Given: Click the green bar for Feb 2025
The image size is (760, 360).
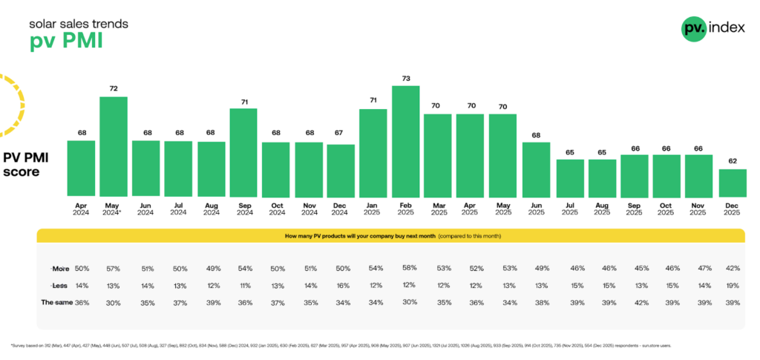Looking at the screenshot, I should (x=406, y=141).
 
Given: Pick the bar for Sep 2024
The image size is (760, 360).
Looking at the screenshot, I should (x=243, y=152).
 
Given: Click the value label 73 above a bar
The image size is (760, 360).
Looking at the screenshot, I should (x=406, y=78).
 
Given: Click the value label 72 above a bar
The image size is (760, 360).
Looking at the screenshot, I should (x=114, y=88).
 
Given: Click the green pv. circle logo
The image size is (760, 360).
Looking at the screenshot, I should (x=694, y=28).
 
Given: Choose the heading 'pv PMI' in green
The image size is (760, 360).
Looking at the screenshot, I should (x=66, y=41).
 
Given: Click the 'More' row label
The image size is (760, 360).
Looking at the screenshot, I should (x=60, y=267).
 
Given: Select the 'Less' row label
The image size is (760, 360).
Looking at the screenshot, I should (x=60, y=285).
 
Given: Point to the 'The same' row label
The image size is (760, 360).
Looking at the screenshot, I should (x=56, y=303).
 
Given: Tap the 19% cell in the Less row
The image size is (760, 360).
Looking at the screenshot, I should (x=733, y=285).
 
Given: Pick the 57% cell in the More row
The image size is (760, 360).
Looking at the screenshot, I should (x=114, y=267).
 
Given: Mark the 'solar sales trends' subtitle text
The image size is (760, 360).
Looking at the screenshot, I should (x=78, y=24).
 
